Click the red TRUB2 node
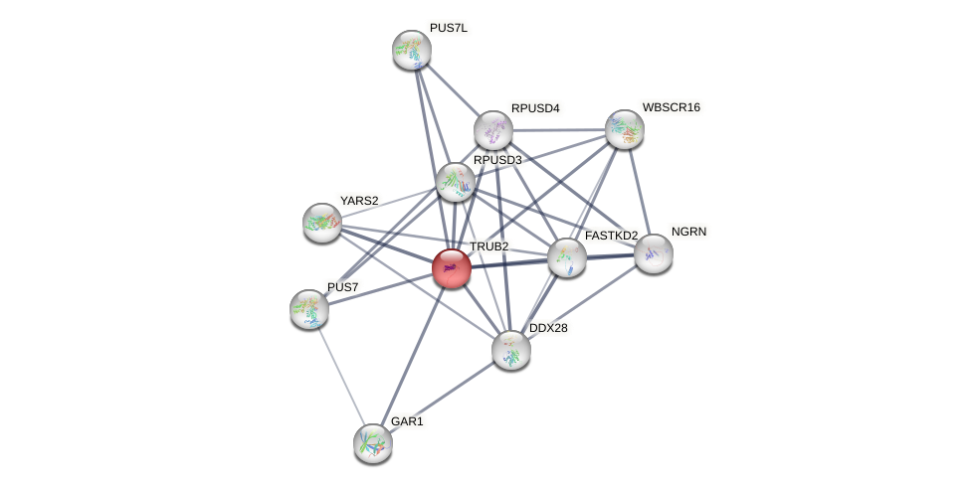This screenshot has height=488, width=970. point(452,268)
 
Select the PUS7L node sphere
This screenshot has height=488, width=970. point(411,50)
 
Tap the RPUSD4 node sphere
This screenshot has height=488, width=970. point(492,129)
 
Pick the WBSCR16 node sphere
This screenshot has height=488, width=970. point(625,128)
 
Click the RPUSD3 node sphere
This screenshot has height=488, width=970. point(456,182)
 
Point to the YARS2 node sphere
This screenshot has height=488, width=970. point(321,223)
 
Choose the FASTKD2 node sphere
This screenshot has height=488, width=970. point(566,257)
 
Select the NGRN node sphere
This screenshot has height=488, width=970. point(654,253)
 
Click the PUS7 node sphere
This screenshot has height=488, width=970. point(309,309)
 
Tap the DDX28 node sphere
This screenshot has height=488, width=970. point(511,350)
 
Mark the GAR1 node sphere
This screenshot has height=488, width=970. point(373,443)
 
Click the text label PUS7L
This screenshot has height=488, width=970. point(449,28)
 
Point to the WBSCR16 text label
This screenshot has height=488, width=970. point(671,107)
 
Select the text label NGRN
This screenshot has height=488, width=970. point(689,232)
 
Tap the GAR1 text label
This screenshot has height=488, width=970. point(407,421)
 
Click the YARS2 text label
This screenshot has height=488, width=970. point(358,201)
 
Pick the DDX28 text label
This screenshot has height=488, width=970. point(548,328)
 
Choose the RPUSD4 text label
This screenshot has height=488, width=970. point(535,107)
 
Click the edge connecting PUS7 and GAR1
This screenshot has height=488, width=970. point(341,377)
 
